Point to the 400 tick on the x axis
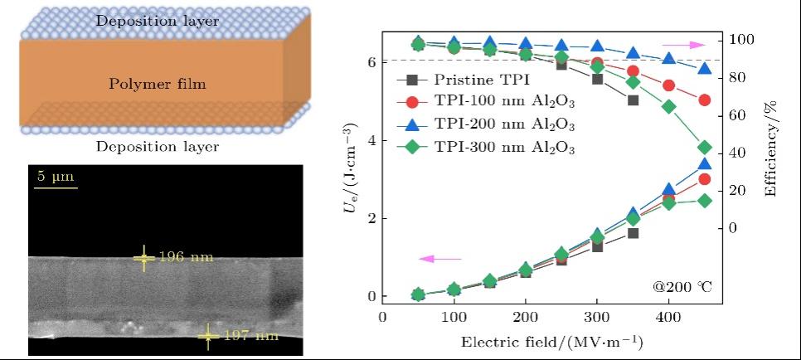[668, 318]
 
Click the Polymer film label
[157, 84]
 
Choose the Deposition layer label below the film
[157, 147]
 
